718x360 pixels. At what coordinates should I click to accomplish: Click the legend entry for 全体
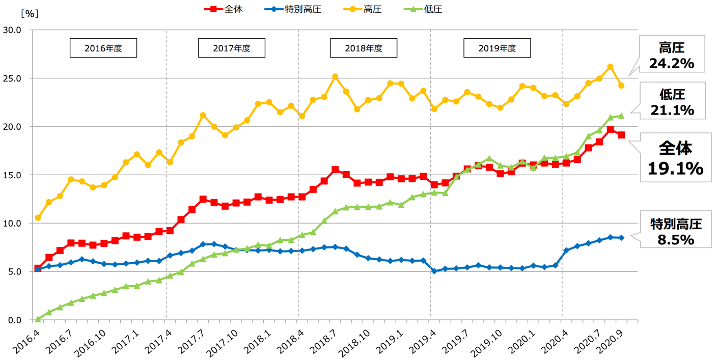(224, 9)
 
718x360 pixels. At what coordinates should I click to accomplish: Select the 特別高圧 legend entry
(293, 9)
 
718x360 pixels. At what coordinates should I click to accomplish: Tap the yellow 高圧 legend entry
(363, 9)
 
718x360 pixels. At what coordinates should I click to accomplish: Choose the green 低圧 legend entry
(423, 9)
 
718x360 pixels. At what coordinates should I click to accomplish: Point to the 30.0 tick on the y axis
(12, 30)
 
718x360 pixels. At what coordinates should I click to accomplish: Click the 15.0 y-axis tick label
(12, 175)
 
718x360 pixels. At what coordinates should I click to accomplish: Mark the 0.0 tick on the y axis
(14, 320)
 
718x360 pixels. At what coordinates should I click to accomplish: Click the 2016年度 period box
(103, 48)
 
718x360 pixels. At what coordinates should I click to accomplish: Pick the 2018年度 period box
(364, 48)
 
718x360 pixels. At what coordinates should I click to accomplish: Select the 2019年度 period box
(497, 48)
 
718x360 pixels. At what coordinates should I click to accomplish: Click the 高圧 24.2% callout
(672, 54)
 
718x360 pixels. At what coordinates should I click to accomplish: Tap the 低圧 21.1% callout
(673, 101)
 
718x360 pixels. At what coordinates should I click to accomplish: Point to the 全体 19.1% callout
(676, 157)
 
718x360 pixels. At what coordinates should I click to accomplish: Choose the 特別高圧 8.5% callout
(676, 230)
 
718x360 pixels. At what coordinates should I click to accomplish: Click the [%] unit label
(30, 13)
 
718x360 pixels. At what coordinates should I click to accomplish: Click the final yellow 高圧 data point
(621, 86)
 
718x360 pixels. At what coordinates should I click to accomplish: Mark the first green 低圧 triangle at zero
(38, 319)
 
